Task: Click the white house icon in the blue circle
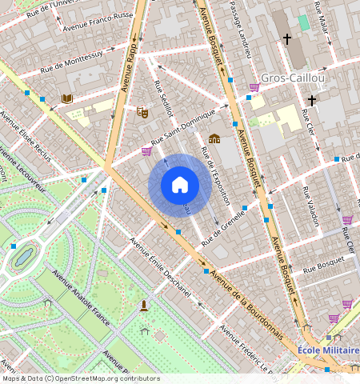pos(180,186)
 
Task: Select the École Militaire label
pos(327,350)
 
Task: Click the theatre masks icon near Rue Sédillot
pos(143,113)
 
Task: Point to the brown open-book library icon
pos(67,98)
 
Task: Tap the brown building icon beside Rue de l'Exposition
pos(214,138)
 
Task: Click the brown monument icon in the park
pos(144,306)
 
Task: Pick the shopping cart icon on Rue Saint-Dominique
pos(147,150)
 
